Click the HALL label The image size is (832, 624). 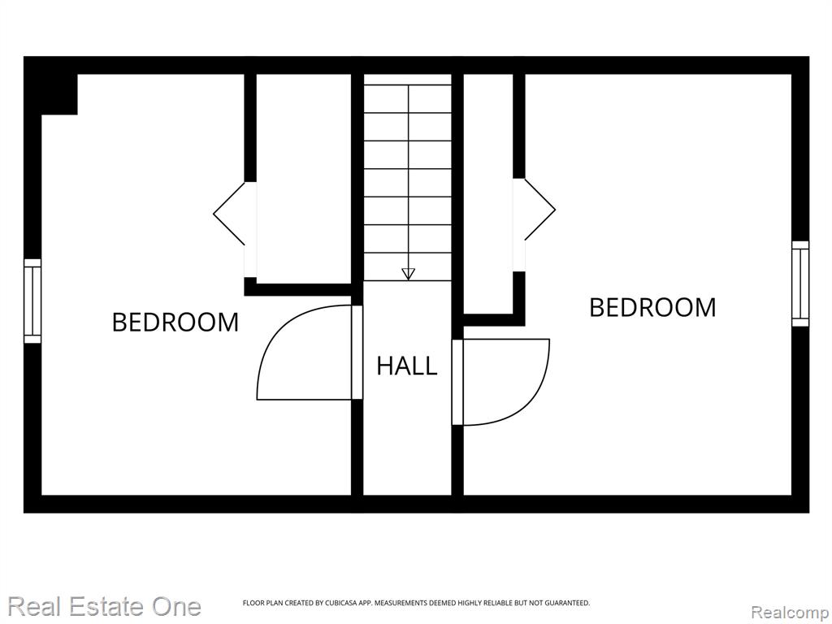tap(407, 366)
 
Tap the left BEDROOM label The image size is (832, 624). tap(175, 322)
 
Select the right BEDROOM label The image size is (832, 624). tap(652, 307)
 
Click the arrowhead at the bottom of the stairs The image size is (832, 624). tap(408, 274)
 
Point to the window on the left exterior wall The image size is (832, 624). tap(32, 301)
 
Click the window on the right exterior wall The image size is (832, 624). tap(800, 284)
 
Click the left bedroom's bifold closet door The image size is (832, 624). tap(229, 214)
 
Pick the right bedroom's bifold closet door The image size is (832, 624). tap(540, 210)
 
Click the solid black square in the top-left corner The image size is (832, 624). tap(59, 94)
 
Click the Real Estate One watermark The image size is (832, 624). tap(105, 606)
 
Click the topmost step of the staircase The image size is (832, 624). tap(408, 80)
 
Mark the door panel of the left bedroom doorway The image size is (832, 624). tap(357, 353)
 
